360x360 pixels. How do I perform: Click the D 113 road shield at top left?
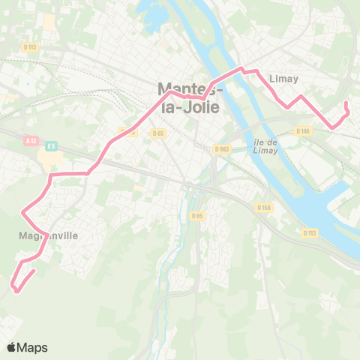click(30, 46)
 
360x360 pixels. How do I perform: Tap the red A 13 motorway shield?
click(31, 139)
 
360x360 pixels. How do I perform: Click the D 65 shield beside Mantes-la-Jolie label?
click(157, 133)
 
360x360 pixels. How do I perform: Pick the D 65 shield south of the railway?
click(196, 216)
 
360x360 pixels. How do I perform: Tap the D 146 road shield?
click(303, 131)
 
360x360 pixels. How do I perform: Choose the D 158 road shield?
click(263, 207)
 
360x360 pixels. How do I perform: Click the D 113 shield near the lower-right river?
click(310, 232)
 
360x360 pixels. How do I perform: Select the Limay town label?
click(283, 79)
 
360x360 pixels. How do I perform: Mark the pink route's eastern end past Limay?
click(346, 103)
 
